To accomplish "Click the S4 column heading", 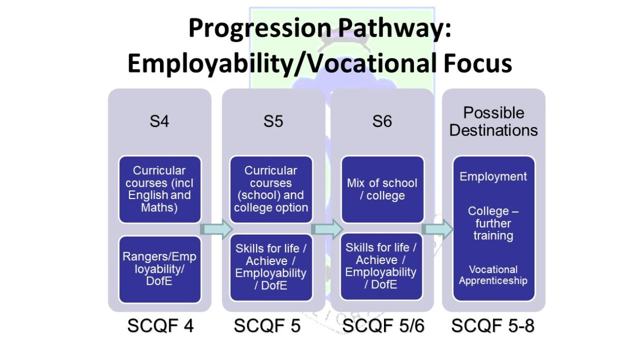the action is pyautogui.click(x=159, y=121).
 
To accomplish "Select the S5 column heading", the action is pyautogui.click(x=273, y=121).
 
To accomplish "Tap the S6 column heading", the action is pyautogui.click(x=382, y=121).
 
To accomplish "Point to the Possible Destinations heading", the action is pyautogui.click(x=493, y=121).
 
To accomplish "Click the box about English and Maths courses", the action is pyautogui.click(x=159, y=189).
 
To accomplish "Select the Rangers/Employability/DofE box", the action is pyautogui.click(x=159, y=269).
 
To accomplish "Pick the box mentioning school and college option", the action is pyautogui.click(x=271, y=189).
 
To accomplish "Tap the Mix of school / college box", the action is pyautogui.click(x=382, y=189).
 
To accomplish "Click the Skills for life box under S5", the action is pyautogui.click(x=271, y=268).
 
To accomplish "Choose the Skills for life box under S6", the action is pyautogui.click(x=381, y=266).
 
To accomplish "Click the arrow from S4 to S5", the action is pyautogui.click(x=216, y=229).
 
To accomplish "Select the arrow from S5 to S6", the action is pyautogui.click(x=327, y=229).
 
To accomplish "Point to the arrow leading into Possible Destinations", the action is pyautogui.click(x=437, y=229).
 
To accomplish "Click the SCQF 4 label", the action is pyautogui.click(x=161, y=325).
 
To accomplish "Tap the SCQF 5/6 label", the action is pyautogui.click(x=383, y=325).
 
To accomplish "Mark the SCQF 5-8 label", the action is pyautogui.click(x=493, y=325).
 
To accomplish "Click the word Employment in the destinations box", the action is pyautogui.click(x=493, y=177).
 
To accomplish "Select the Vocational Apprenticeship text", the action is pyautogui.click(x=493, y=275).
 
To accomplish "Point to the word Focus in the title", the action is pyautogui.click(x=477, y=63).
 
